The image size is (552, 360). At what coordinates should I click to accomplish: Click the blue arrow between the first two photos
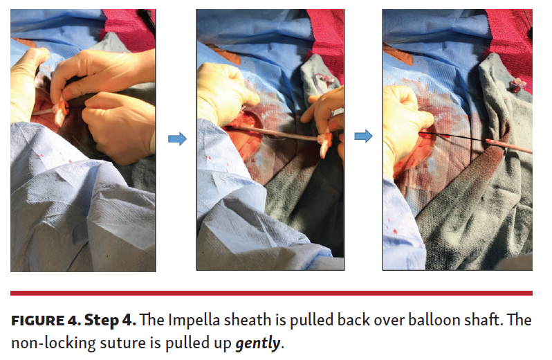coord(177,138)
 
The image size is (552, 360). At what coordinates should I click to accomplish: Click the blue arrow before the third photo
coord(363,136)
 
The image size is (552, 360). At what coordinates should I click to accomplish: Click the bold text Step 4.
coord(110,321)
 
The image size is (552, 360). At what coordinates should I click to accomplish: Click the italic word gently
coord(258,343)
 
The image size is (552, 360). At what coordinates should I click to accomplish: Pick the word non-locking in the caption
coord(53,343)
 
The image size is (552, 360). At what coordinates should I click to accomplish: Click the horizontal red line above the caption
coord(271,293)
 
